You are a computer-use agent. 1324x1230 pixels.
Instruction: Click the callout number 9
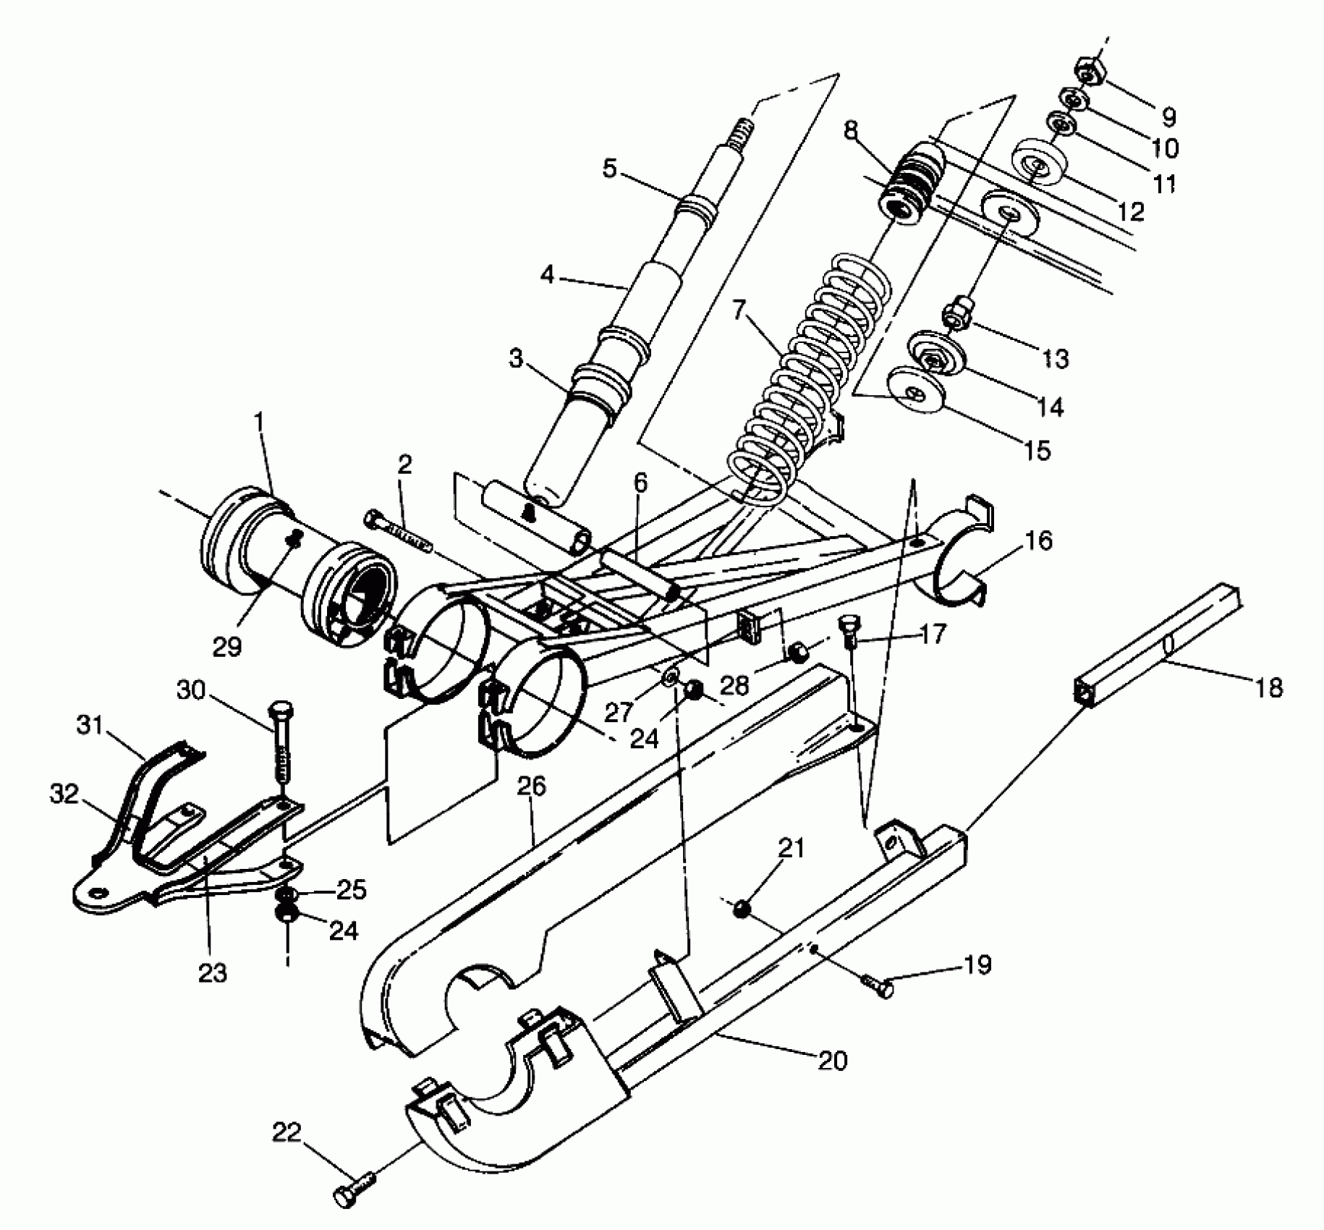pos(1168,116)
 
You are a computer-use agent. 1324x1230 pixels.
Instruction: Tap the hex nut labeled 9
pos(1085,70)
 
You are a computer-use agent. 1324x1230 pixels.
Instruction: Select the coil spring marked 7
pos(796,362)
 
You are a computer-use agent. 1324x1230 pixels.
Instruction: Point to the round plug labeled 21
pos(741,908)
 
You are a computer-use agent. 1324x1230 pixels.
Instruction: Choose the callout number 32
pos(64,794)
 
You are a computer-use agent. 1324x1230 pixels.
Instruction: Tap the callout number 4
pos(548,276)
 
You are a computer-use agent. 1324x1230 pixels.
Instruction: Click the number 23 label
pos(213,972)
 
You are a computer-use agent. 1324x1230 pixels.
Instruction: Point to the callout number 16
pos(1039,540)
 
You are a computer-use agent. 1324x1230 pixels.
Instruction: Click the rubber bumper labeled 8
pos(909,184)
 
